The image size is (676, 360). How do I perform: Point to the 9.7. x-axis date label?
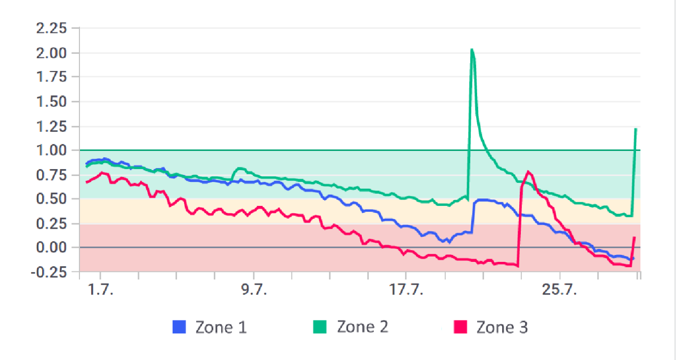click(x=255, y=291)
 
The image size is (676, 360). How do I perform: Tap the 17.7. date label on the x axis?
click(x=406, y=291)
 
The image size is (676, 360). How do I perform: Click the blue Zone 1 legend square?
click(x=179, y=327)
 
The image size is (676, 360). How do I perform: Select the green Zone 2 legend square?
click(x=319, y=327)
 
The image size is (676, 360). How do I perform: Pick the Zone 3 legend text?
click(x=502, y=327)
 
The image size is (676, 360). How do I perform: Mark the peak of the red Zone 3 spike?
click(x=528, y=171)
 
